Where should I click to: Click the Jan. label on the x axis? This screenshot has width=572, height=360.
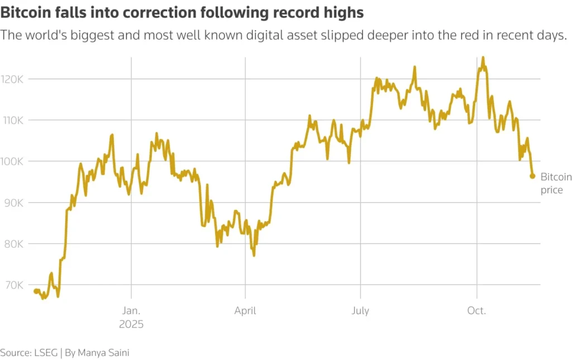131,311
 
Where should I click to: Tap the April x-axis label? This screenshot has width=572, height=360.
245,311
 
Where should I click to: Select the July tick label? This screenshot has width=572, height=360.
360,311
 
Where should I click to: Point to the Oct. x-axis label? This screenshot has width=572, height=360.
476,311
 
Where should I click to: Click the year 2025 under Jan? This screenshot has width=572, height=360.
131,324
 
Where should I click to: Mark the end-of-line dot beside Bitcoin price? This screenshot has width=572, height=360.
532,176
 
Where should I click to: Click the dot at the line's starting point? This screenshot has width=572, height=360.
36,291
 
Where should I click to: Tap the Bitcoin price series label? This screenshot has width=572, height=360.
556,184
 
